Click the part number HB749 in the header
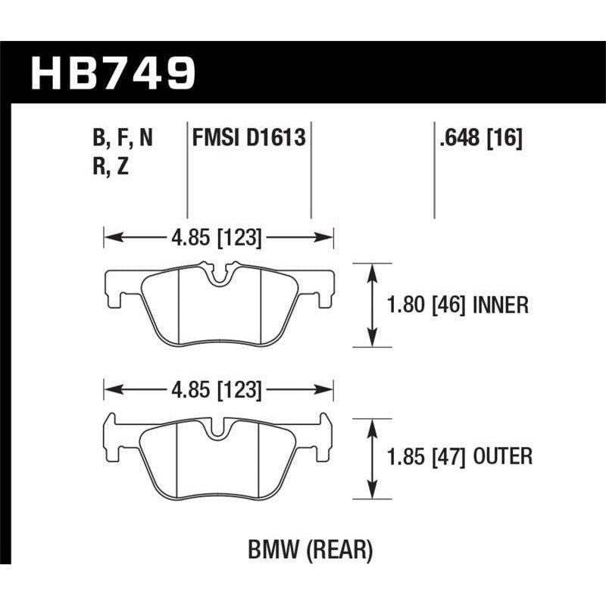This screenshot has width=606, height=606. pyautogui.click(x=113, y=74)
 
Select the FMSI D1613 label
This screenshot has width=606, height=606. pyautogui.click(x=249, y=139)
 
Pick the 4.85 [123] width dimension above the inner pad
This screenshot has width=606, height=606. pyautogui.click(x=218, y=239)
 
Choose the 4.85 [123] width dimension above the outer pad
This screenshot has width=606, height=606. pyautogui.click(x=218, y=391)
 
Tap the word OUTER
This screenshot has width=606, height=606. pyautogui.click(x=501, y=457)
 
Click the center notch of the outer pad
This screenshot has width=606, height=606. pyautogui.click(x=217, y=431)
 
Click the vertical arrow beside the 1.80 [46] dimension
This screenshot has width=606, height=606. pyautogui.click(x=371, y=305)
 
